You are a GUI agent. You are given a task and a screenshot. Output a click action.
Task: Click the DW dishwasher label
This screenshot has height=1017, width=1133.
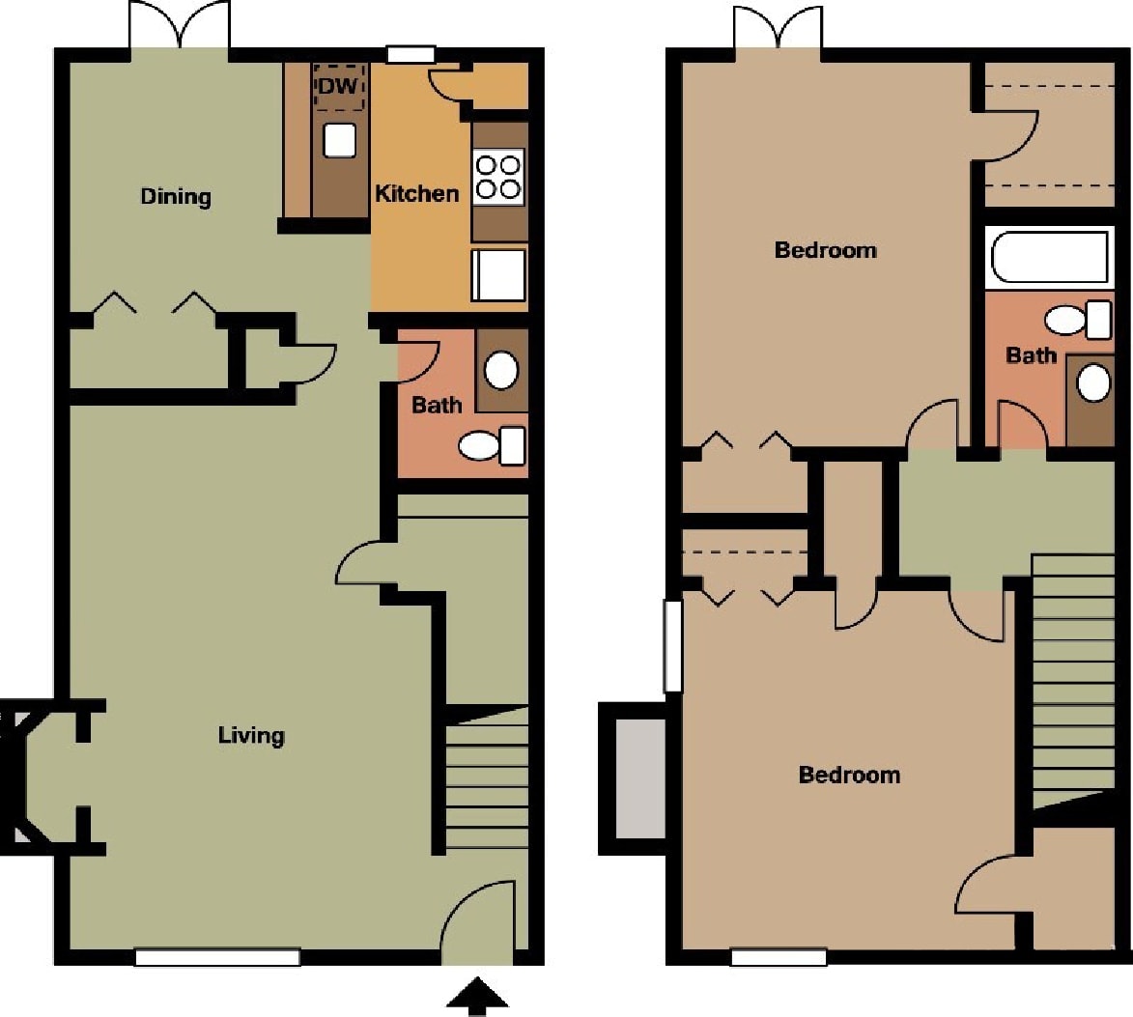[x=338, y=86]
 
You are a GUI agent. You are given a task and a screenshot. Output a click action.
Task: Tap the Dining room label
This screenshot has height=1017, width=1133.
[x=176, y=197]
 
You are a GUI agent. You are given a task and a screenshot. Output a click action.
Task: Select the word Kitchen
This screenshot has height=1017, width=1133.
[x=416, y=193]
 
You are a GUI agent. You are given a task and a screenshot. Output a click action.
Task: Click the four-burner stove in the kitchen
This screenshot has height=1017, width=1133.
[x=498, y=176]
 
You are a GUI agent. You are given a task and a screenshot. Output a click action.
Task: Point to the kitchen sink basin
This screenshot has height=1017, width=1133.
[x=339, y=141]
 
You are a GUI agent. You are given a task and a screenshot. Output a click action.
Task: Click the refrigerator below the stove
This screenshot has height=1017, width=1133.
[x=499, y=274]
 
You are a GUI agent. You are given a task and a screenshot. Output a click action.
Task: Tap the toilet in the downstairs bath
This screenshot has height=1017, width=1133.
[x=490, y=445]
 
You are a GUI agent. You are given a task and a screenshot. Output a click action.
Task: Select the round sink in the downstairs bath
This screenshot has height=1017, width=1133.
[x=500, y=369]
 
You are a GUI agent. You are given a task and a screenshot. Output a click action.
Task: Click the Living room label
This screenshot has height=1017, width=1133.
[x=251, y=735]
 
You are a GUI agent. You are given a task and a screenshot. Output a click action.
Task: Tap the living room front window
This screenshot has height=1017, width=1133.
[x=217, y=957]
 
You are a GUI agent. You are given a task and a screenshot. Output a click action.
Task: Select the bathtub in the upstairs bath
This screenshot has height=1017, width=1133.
[x=1050, y=257]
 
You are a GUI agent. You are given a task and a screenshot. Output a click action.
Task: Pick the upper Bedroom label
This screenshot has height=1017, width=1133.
[x=826, y=250]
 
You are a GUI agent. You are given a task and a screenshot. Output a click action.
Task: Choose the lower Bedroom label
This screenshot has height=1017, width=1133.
[x=849, y=775]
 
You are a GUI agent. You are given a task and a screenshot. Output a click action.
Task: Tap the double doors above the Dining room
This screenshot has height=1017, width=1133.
[x=181, y=26]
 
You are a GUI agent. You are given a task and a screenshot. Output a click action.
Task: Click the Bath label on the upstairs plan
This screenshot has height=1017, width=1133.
[x=1031, y=355]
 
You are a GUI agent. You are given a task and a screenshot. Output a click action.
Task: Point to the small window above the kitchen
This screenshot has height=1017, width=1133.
[x=411, y=55]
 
